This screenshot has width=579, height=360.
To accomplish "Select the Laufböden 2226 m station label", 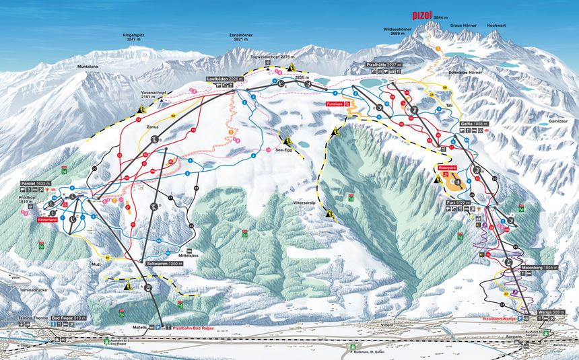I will (x=225, y=79).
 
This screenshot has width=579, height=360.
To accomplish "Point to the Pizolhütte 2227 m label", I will (x=384, y=65).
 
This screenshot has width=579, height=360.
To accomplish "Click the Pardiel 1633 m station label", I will (x=36, y=183).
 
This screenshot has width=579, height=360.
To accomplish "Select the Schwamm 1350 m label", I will (x=164, y=263).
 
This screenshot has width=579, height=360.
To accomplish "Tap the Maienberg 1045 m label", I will (x=539, y=268).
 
